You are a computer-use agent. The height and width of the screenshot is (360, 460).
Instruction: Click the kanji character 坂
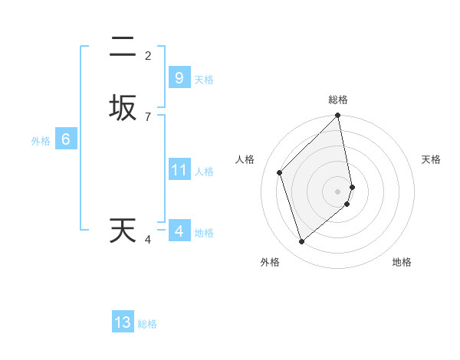tap(123, 107)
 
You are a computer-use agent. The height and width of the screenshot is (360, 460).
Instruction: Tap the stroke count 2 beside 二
tap(148, 55)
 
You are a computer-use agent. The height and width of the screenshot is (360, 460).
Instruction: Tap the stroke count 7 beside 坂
tap(148, 116)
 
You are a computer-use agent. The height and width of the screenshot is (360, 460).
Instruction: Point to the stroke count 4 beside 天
tap(148, 240)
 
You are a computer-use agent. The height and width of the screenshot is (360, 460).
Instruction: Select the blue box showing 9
tap(179, 78)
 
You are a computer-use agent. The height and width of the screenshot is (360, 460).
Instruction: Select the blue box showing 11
tap(179, 170)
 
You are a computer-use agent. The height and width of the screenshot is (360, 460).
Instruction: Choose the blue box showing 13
tap(123, 322)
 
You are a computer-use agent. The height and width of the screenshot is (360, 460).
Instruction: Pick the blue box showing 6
tap(66, 139)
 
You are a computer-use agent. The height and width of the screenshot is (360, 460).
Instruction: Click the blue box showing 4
tap(179, 231)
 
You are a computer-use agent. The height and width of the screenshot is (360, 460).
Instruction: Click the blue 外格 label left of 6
tap(40, 141)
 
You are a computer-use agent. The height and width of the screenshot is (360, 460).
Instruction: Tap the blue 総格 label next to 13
tap(147, 324)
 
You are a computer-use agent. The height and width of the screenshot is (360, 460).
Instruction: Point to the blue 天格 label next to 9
tap(204, 80)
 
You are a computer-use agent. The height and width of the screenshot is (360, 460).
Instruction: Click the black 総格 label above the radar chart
tap(337, 100)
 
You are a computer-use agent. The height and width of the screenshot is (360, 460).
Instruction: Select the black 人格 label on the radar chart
tap(245, 159)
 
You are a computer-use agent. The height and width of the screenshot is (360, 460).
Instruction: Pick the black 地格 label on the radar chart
tap(402, 262)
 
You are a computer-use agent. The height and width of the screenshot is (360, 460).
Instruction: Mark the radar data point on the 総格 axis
tap(337, 116)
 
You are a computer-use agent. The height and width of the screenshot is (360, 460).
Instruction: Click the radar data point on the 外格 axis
tap(301, 242)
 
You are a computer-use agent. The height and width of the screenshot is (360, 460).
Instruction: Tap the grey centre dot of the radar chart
tap(337, 190)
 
